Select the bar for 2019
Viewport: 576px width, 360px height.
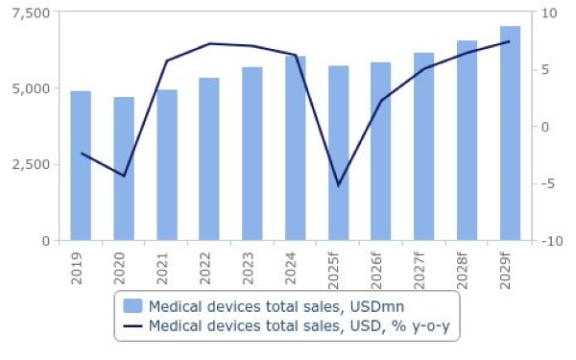81,165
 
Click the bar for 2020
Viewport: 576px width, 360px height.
124,168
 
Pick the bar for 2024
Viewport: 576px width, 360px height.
295,148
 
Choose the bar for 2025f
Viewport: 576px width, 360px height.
338,153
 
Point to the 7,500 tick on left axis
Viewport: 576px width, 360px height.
32,12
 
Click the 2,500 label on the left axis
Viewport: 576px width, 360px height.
32,164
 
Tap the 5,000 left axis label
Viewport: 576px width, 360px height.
32,88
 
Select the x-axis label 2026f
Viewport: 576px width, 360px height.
381,271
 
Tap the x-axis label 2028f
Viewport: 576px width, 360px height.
467,271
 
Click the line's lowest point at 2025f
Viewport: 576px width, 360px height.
338,184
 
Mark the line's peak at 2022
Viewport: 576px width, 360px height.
209,43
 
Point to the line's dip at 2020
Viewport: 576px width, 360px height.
124,176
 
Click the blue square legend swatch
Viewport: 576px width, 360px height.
133,306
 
